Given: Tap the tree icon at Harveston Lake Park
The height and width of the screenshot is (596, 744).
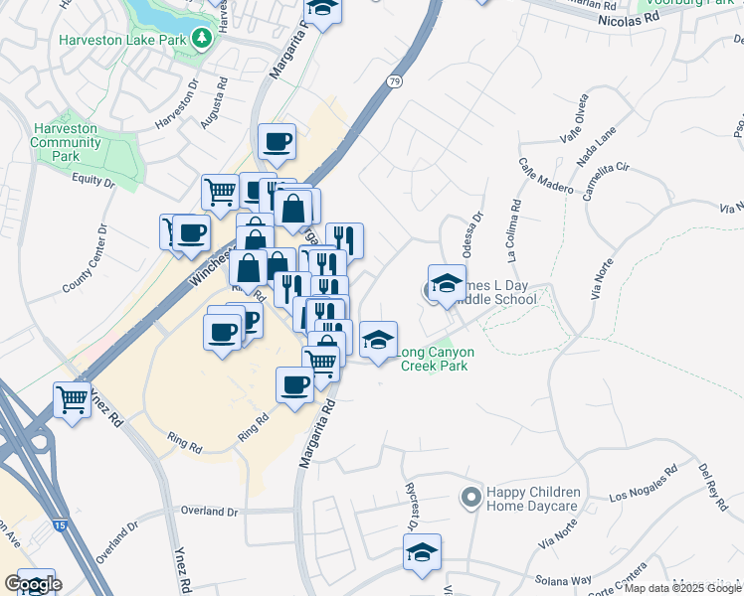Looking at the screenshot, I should [x=203, y=38].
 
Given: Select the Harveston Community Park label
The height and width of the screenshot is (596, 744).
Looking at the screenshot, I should [x=67, y=142].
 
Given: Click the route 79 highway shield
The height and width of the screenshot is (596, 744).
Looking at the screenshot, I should [x=395, y=81].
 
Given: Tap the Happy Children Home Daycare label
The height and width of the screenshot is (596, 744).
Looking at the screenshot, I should [x=532, y=499].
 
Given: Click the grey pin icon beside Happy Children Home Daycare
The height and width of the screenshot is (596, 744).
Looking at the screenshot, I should [x=471, y=495].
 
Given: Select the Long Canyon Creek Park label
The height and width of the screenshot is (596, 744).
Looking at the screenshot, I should [x=436, y=359].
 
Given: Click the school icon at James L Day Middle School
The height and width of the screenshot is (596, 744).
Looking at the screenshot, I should [x=447, y=283].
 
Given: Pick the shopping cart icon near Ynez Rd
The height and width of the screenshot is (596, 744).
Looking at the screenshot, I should [x=73, y=399].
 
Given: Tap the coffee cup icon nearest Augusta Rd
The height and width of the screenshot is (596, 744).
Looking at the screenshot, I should [x=277, y=141].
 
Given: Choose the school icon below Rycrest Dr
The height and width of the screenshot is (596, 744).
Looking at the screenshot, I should [x=423, y=552].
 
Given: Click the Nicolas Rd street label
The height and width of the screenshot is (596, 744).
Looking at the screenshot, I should [x=637, y=18].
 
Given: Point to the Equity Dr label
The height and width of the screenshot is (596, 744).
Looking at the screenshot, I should [x=94, y=180].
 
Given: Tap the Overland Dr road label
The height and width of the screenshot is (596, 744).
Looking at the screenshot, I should [x=210, y=512].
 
